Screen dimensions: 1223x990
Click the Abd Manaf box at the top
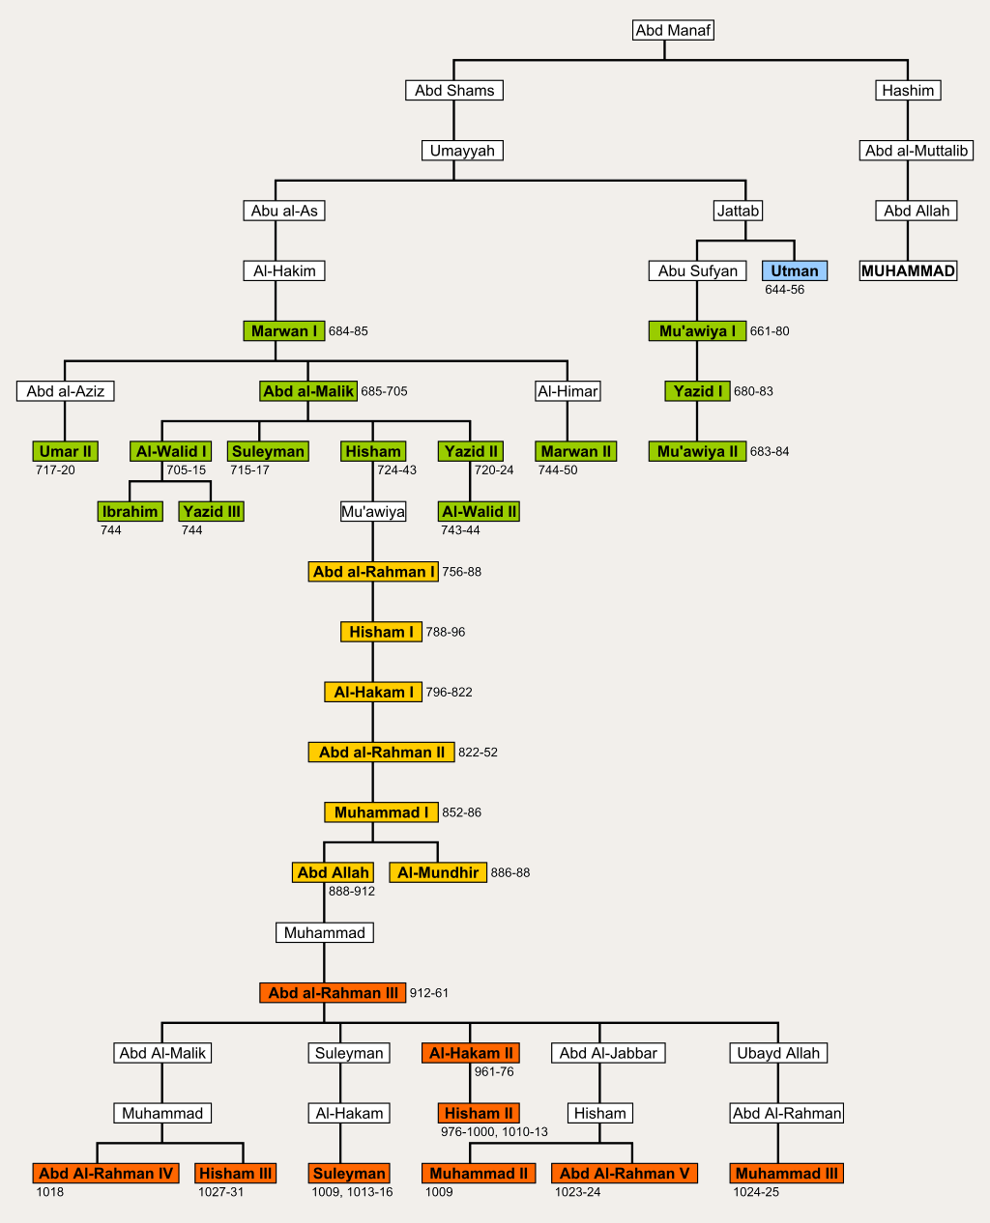(673, 30)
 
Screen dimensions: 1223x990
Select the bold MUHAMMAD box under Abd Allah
(908, 270)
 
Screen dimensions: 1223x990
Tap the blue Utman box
(795, 270)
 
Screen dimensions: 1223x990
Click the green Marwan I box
(284, 331)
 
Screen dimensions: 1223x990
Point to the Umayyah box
(462, 151)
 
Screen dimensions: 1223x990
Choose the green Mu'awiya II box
(697, 451)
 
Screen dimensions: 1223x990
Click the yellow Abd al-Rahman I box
(373, 572)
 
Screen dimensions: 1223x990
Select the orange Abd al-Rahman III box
(333, 992)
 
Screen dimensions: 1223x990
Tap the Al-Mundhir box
(438, 872)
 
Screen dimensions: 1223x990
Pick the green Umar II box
(66, 451)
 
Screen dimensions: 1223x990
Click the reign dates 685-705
(384, 391)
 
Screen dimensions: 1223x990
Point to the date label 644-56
(784, 290)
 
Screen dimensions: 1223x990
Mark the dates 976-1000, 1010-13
(494, 1131)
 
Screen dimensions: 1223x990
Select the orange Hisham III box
(235, 1173)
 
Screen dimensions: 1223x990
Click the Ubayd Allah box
(778, 1053)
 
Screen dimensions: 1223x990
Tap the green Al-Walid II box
(479, 511)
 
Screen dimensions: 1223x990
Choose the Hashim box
(908, 90)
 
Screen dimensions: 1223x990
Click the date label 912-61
(429, 993)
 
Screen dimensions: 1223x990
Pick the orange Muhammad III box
(787, 1173)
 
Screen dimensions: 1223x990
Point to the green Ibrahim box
(130, 511)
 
